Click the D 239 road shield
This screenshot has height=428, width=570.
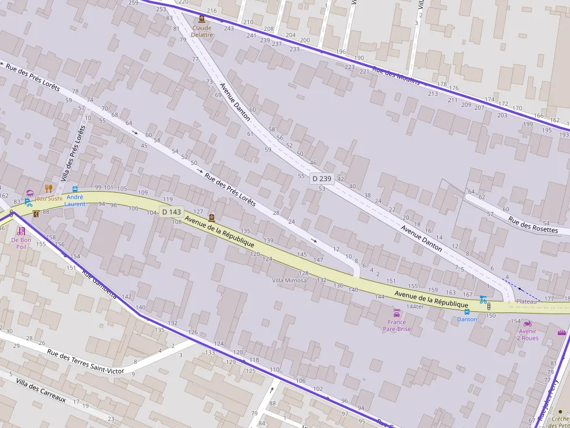click(321, 179)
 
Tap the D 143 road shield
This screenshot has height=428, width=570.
click(172, 212)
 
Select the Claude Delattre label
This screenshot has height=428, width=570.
click(202, 31)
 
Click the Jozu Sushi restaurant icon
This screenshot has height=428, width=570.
click(49, 189)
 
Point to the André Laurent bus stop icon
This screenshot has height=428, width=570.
click(75, 189)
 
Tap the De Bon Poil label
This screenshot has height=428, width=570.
click(22, 243)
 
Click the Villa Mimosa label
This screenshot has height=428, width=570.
click(289, 280)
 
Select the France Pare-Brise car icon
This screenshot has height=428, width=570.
click(397, 314)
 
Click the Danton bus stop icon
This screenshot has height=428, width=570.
click(466, 311)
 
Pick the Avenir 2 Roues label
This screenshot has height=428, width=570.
click(528, 335)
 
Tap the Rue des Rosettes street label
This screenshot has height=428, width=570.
click(533, 225)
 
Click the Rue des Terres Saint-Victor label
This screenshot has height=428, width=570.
click(85, 361)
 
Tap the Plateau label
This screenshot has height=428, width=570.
click(526, 301)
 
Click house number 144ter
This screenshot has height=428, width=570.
click(415, 306)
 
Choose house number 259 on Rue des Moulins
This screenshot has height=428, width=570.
click(133, 3)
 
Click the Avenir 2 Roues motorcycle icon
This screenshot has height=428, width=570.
click(528, 323)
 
